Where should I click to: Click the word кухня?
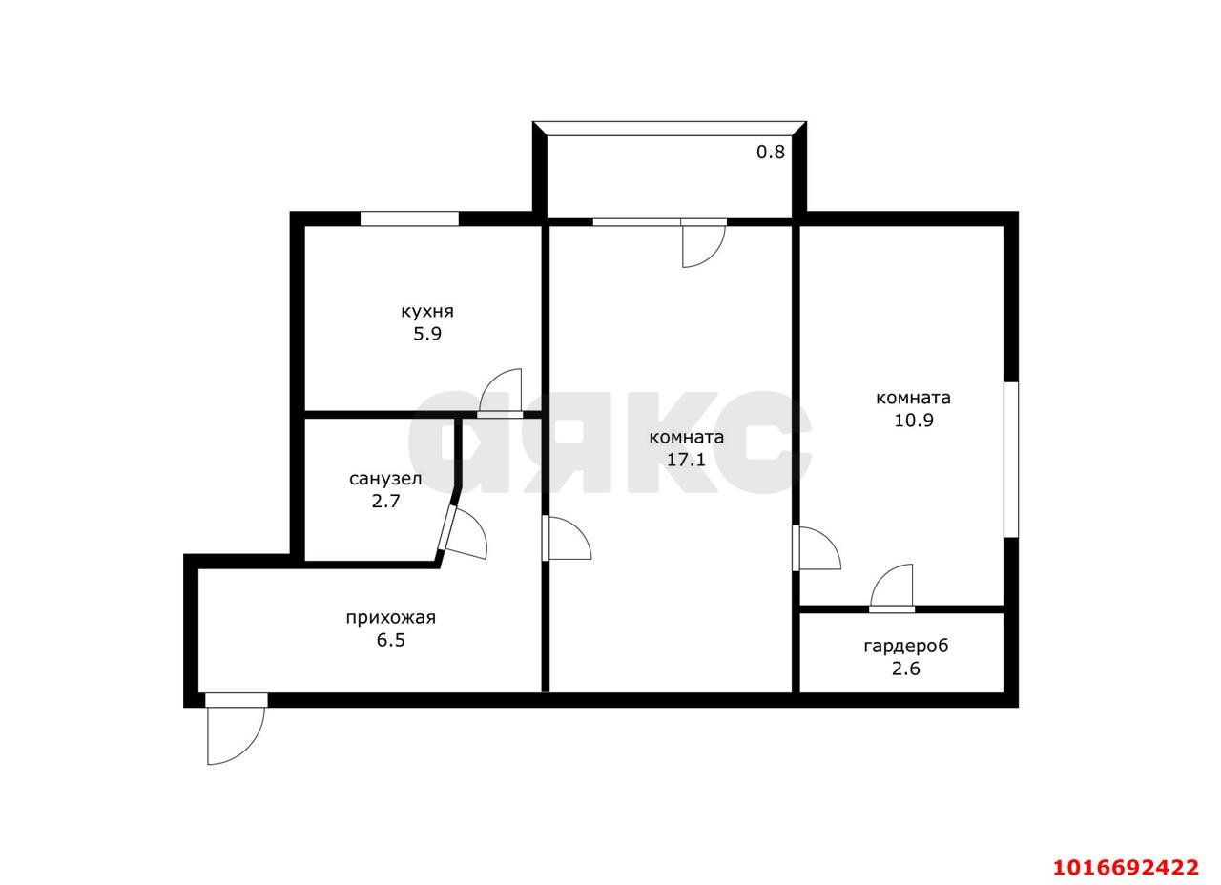coord(427,312)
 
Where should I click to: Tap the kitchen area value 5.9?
coord(427,334)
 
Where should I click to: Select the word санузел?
coord(385,479)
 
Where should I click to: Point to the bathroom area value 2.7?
coord(386,501)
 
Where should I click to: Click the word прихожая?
coord(391,618)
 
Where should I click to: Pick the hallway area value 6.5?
coord(391,640)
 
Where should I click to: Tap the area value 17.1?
coord(686,460)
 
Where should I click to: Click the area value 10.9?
coord(914,421)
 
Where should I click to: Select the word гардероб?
coord(906,647)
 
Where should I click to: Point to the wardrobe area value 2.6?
coord(906,669)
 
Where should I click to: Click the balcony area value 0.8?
coord(771,152)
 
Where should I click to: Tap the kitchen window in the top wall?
coord(409,218)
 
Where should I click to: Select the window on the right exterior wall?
coord(1011,460)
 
